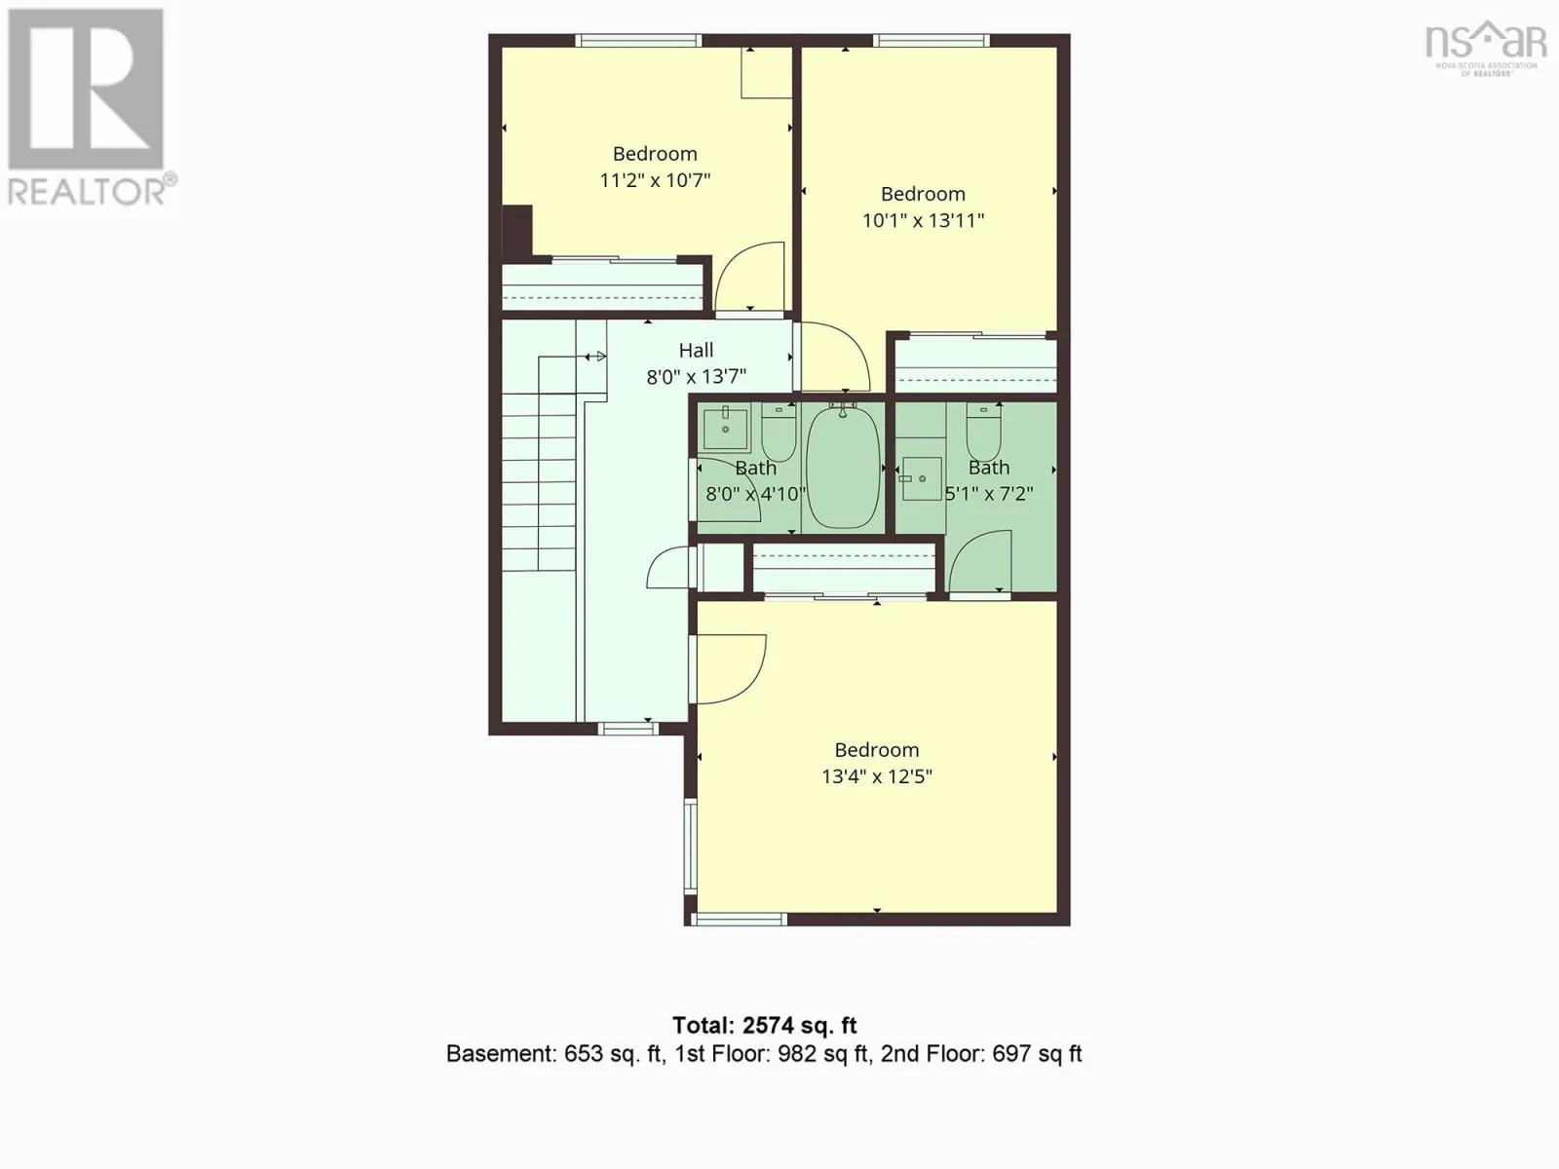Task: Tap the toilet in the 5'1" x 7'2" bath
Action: [x=984, y=433]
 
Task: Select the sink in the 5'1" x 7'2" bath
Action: [x=921, y=478]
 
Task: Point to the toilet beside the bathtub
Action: [x=779, y=433]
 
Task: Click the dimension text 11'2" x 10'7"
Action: [x=655, y=180]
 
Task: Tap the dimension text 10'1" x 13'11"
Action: [x=923, y=221]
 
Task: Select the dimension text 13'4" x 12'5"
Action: [x=876, y=776]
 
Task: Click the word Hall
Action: [x=696, y=350]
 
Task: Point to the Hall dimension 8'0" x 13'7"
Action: [x=696, y=376]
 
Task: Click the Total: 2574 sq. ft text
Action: [x=764, y=1026]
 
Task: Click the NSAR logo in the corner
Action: [x=1486, y=48]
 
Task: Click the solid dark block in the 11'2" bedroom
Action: [x=516, y=230]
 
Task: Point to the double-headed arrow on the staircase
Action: [x=595, y=357]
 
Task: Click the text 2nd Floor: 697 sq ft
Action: [x=981, y=1054]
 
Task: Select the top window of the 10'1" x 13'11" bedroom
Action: [x=931, y=41]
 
